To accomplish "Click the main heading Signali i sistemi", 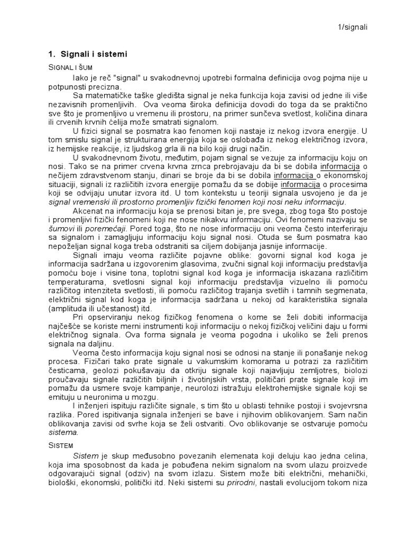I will pos(93,54).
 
